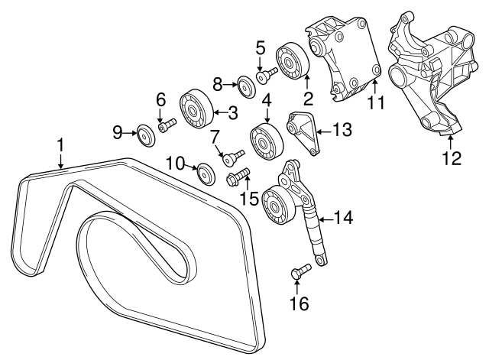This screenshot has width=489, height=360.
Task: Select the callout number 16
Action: (300, 303)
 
